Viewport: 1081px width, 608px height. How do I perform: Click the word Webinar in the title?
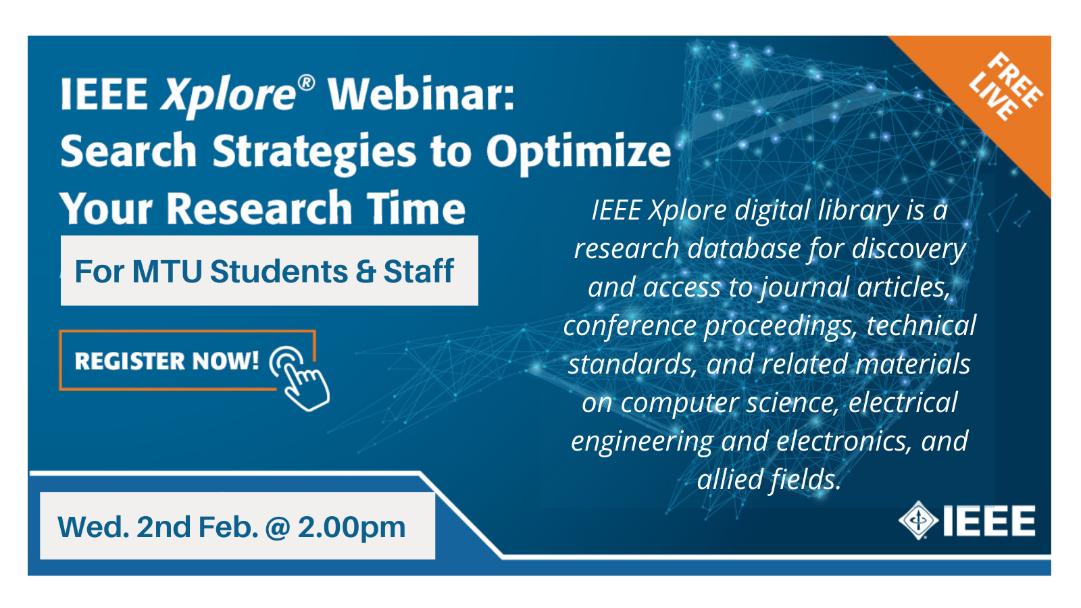(x=421, y=94)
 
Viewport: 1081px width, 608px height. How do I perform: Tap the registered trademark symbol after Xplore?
(x=307, y=83)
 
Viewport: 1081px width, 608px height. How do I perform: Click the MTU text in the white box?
(x=167, y=271)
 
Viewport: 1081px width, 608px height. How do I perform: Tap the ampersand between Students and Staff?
(x=366, y=271)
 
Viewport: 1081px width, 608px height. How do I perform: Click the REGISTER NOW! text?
(x=167, y=361)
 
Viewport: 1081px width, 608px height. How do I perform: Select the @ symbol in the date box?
(x=278, y=528)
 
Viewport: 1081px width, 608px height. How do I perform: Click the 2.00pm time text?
(x=352, y=528)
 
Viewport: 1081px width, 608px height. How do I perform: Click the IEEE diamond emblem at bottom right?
(x=918, y=520)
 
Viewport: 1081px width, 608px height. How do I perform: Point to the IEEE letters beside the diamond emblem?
(x=989, y=521)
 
